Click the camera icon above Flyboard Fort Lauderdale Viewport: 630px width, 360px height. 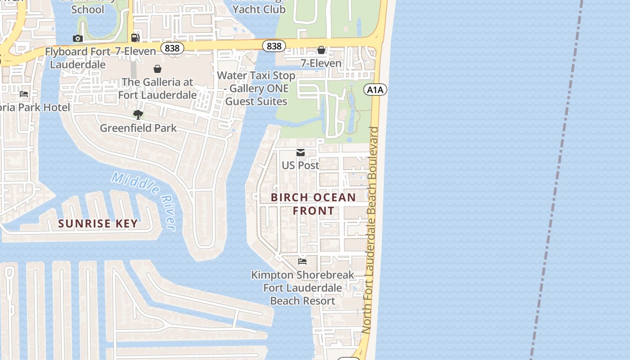(x=78, y=39)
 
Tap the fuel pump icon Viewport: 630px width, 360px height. (x=135, y=37)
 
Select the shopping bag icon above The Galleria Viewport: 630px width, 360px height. (x=157, y=69)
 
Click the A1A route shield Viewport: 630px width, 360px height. (x=375, y=90)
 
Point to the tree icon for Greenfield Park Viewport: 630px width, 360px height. (x=138, y=115)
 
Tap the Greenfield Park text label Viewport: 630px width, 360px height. (x=138, y=128)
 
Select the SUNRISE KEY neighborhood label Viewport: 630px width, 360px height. (x=98, y=224)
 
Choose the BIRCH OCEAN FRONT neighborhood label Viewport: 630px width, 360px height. (x=314, y=204)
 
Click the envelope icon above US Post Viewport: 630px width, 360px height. (x=301, y=153)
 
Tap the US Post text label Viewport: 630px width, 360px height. (x=301, y=165)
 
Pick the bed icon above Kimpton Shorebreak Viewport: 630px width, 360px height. (x=302, y=261)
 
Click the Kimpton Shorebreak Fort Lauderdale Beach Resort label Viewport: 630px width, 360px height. (x=302, y=288)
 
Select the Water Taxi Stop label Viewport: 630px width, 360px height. (x=256, y=88)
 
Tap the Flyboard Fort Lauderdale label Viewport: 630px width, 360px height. (x=77, y=58)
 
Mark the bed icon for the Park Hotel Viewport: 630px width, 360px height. (x=24, y=94)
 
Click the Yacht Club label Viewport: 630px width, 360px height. (x=259, y=9)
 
